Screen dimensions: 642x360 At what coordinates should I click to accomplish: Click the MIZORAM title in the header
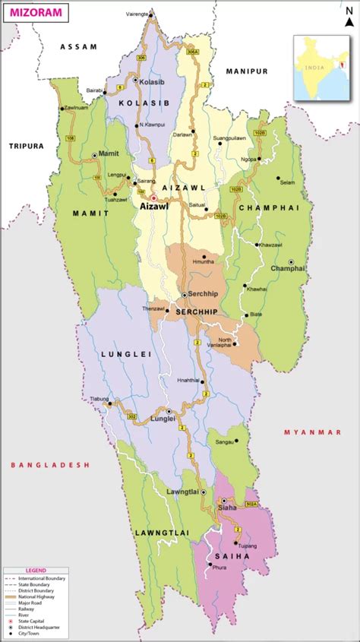click(x=36, y=13)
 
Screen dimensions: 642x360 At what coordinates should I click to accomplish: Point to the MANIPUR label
click(x=247, y=71)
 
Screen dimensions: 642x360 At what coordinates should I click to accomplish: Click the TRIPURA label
click(x=27, y=145)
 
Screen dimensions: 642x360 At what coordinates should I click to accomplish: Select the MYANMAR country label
click(x=313, y=432)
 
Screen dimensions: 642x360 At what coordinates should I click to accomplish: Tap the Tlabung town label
click(x=99, y=398)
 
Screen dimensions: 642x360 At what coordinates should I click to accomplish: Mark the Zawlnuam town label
click(x=76, y=109)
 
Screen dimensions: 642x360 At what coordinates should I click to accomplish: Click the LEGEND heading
click(x=36, y=570)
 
